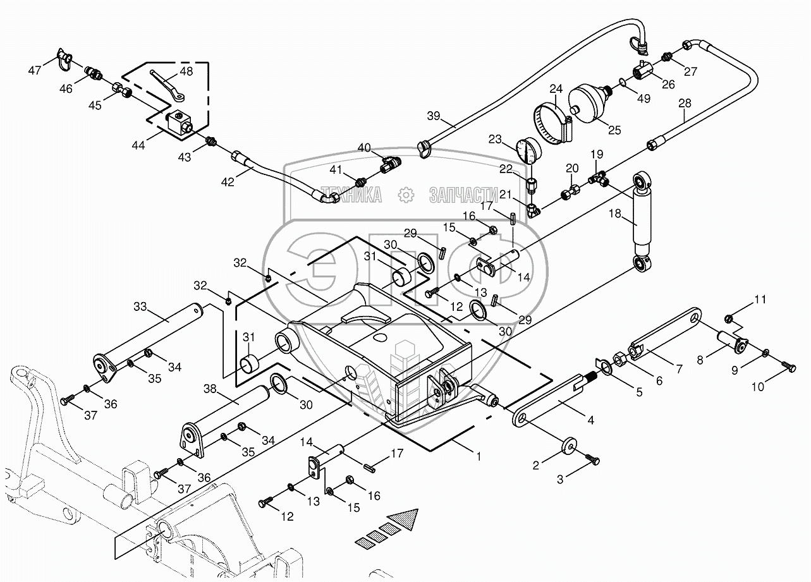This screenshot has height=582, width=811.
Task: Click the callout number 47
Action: click(x=35, y=70)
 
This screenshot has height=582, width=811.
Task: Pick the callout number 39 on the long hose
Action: click(x=433, y=116)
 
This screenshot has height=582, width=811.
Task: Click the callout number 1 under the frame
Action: click(x=479, y=456)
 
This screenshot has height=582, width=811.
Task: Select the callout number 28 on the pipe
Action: click(x=685, y=103)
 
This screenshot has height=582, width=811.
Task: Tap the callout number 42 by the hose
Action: click(x=228, y=182)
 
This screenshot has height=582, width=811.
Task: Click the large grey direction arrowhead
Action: click(x=405, y=519)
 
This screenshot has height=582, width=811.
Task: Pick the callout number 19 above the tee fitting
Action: click(x=596, y=154)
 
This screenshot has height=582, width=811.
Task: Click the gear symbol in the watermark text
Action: click(x=405, y=195)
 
